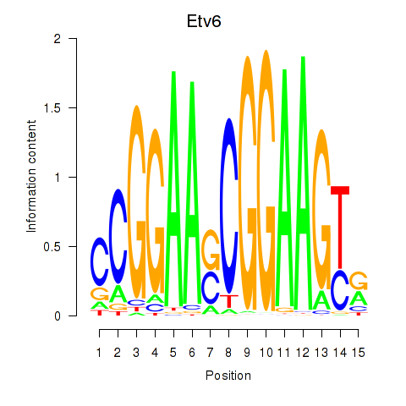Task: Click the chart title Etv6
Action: coord(204,21)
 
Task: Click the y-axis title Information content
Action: coord(31,177)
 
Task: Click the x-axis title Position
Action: coord(228,376)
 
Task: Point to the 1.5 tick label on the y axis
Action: coord(52,108)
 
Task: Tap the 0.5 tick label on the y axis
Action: coord(52,247)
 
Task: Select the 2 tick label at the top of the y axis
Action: coord(58,39)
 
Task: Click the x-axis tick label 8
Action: coord(228,353)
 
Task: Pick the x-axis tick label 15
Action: coord(358,353)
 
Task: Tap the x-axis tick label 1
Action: coord(99,353)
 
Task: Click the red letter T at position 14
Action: coord(340,228)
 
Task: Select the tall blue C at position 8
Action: coord(229,206)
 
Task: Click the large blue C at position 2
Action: coord(118,236)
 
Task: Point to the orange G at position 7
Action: coord(211,250)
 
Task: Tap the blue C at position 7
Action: coord(211,288)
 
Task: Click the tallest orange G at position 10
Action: coord(266,180)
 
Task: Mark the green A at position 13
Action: coord(321,299)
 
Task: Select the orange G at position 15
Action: coord(359,281)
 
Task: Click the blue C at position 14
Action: coord(340,290)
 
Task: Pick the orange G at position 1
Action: coord(100,294)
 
